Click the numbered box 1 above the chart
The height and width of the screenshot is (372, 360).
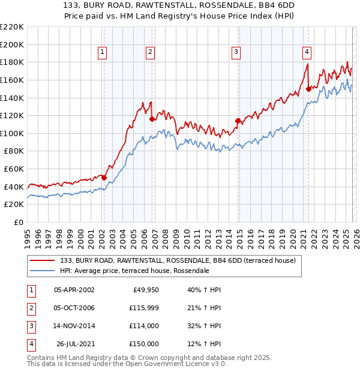point(103,53)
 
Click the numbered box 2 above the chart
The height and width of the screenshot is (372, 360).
point(150,53)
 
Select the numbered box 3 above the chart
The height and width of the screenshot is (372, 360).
point(236,53)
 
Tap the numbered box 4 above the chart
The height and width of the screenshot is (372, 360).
point(307,53)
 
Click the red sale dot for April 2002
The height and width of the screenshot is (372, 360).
point(104,178)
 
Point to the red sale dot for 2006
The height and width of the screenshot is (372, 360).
point(152,119)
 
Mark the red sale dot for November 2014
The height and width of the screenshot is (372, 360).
point(238,121)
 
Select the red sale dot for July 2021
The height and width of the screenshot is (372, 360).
point(308,89)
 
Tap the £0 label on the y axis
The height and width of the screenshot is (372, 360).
point(18,222)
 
